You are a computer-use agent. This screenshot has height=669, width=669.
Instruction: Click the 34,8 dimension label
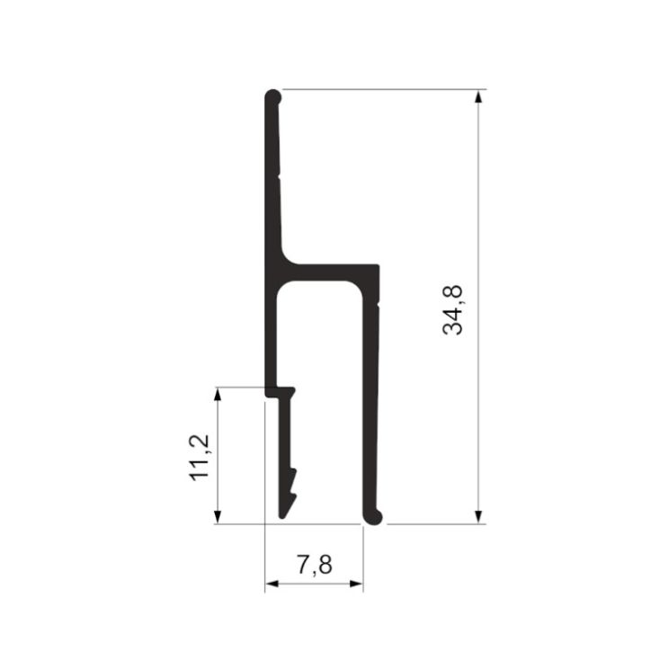click(x=452, y=309)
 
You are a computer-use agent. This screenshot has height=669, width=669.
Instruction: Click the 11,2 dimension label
click(x=200, y=458)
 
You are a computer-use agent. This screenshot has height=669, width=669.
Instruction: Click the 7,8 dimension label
click(x=315, y=565)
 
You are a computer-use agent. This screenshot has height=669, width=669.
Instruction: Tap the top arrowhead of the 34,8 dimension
click(x=478, y=96)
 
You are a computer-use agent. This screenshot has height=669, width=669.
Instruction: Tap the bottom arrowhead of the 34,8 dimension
click(x=478, y=517)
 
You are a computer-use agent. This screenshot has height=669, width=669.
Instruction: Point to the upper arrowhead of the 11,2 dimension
click(x=218, y=394)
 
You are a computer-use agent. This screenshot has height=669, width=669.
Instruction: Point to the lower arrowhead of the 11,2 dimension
click(x=218, y=517)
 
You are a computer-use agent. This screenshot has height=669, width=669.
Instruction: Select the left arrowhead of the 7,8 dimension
click(x=272, y=584)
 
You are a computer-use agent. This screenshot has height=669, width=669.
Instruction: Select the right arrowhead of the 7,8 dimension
click(x=356, y=584)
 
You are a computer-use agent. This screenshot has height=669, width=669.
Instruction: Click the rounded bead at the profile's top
click(x=273, y=97)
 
